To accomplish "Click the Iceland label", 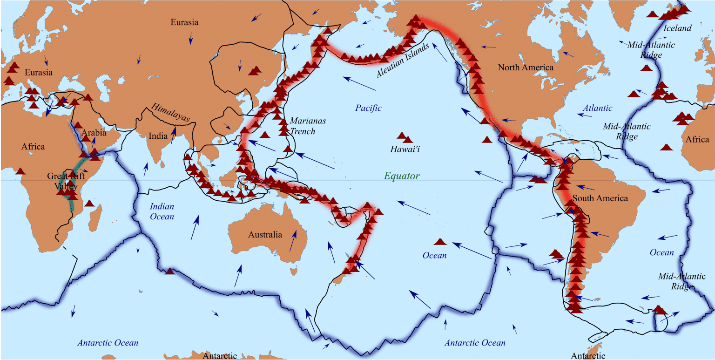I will (677, 28).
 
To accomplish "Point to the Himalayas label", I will (170, 113).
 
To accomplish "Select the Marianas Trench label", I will (308, 126).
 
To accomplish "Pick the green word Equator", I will (402, 176).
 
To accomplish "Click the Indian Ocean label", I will (162, 211).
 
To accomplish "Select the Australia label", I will (265, 234).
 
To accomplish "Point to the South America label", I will (600, 198).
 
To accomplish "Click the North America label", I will (526, 68).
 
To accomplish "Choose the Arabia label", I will (94, 133).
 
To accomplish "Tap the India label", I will (158, 136).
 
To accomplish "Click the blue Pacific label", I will (368, 108).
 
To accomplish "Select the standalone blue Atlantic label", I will (598, 108).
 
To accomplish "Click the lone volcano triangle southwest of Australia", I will (170, 272).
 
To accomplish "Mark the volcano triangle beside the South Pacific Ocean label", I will (440, 242).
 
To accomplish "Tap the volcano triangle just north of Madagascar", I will (90, 203).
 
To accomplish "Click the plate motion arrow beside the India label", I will (173, 134).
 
